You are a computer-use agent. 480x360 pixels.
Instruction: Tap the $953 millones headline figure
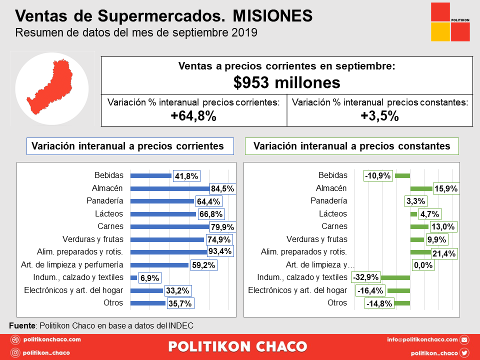pos(286,82)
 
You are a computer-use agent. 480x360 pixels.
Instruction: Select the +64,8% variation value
pos(193,116)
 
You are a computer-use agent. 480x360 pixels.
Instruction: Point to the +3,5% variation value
pos(379,116)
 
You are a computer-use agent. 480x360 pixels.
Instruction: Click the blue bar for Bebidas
pos(150,176)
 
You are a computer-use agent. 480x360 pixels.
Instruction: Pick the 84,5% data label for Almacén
pos(222,189)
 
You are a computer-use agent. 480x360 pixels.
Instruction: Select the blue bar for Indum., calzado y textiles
pos(133,277)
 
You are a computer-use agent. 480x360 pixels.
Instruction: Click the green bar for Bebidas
pos(402,176)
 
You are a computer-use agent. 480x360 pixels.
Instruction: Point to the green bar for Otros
pos(402,303)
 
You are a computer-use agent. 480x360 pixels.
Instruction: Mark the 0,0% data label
pos(422,265)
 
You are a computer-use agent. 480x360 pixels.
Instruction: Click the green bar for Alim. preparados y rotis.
pos(420,252)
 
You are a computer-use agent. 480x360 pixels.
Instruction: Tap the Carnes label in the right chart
pos(334,226)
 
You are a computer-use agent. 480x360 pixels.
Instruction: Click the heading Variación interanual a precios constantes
pos(352,146)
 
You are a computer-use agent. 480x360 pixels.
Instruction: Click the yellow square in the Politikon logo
pos(440,32)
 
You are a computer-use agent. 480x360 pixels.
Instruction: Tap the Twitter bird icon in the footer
pos(464,352)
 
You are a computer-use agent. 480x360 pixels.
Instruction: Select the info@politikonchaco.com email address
pos(422,340)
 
